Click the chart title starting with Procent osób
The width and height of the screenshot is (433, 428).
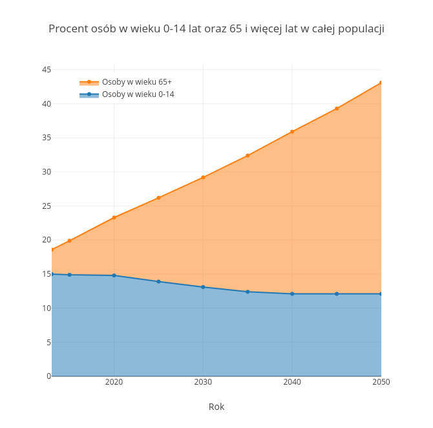[x=216, y=28]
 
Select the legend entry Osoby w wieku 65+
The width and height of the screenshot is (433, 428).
[x=136, y=82]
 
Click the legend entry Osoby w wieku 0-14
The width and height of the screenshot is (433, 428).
[x=138, y=94]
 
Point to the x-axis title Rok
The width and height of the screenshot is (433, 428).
[x=216, y=407]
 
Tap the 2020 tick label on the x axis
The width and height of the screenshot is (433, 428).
[x=114, y=382]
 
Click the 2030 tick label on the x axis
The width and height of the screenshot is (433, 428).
[x=203, y=382]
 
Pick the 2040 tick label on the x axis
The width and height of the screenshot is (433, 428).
[x=292, y=382]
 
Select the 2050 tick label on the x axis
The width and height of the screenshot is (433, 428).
[x=381, y=382]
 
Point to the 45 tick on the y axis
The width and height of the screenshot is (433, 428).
[x=47, y=70]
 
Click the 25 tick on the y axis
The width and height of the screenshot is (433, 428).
[x=47, y=206]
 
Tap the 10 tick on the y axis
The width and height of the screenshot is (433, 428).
[x=47, y=308]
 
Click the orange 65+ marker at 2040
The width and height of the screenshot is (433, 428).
[x=292, y=131]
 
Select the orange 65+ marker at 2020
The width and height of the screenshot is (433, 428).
[x=114, y=217]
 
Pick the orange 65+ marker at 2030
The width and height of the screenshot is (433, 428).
[x=203, y=177]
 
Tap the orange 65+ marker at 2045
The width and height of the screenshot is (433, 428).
[x=337, y=109]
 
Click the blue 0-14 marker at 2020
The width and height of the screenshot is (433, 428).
[x=114, y=275]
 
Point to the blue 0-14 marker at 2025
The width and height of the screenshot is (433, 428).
[x=158, y=281]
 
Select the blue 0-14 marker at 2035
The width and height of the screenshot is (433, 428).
[x=248, y=292]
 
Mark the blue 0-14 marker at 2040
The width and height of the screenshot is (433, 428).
[x=292, y=294]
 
